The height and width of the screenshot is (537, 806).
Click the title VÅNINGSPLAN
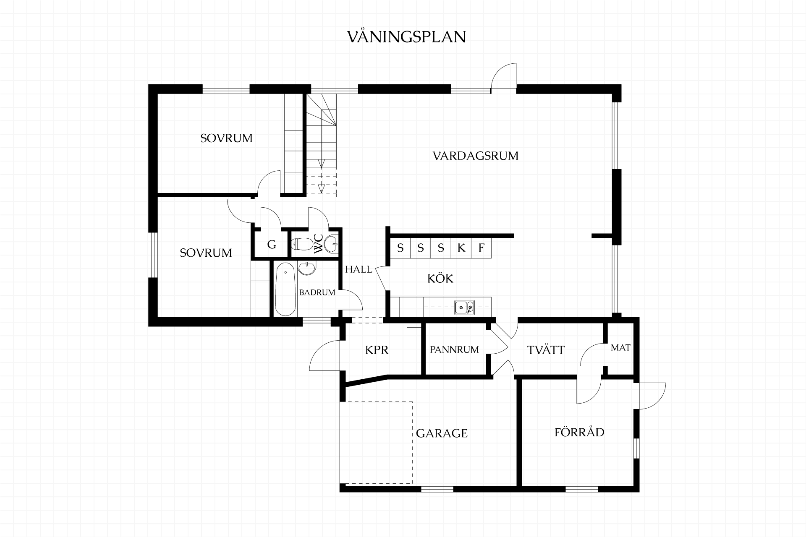[406, 36]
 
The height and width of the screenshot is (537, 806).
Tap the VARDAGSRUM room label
[476, 156]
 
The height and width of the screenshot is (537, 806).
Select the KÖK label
[440, 278]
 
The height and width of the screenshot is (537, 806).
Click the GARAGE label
[442, 433]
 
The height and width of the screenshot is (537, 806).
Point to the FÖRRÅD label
[579, 432]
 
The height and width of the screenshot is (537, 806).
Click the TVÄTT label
[546, 349]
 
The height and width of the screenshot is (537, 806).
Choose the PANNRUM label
[454, 349]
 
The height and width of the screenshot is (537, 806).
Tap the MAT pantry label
[620, 348]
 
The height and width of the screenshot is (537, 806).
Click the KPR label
[377, 350]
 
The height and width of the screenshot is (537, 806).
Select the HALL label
[359, 269]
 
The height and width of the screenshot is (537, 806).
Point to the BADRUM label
[317, 292]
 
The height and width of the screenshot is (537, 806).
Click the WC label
[319, 243]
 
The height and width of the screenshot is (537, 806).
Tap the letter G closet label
[272, 245]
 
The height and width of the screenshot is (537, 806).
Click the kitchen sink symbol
[464, 308]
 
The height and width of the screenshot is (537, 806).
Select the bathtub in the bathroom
[285, 289]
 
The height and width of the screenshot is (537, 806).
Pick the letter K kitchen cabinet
[461, 248]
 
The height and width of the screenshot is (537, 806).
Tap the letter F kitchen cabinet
[481, 248]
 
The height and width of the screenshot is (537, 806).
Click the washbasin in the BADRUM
[307, 268]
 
